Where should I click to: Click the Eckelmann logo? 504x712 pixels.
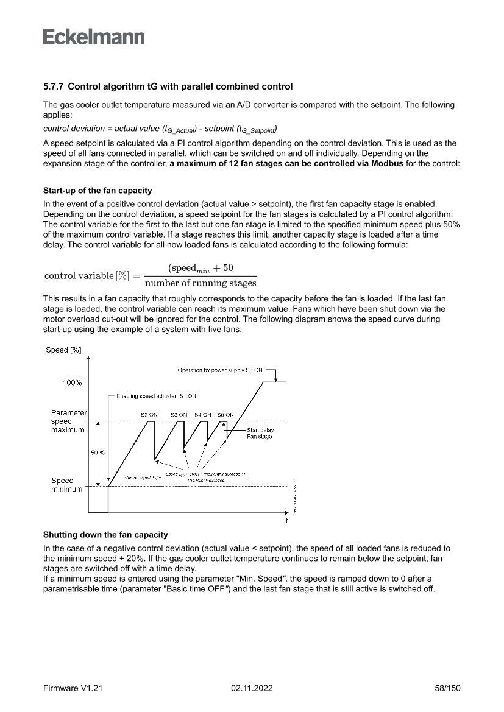click(x=94, y=37)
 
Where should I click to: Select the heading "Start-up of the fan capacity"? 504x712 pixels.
click(x=98, y=191)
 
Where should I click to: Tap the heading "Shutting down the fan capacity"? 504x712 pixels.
click(x=105, y=535)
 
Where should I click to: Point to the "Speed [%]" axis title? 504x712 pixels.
click(x=63, y=350)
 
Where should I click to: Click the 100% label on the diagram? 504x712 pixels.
click(x=72, y=382)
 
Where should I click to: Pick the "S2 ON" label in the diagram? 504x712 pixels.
click(x=149, y=415)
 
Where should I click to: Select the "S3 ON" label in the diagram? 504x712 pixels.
click(x=179, y=415)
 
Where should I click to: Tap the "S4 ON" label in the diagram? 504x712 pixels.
click(x=203, y=415)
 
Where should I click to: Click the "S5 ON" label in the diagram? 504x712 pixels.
click(x=225, y=415)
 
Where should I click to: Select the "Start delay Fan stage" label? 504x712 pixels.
click(x=259, y=433)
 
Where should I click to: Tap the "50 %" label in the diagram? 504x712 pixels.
click(x=98, y=453)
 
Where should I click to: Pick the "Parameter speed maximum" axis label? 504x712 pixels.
click(x=68, y=421)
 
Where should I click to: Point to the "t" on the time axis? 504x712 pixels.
click(x=286, y=521)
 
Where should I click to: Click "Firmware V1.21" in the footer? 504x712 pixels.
click(x=73, y=688)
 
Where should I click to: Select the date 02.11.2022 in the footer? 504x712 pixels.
click(x=252, y=688)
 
